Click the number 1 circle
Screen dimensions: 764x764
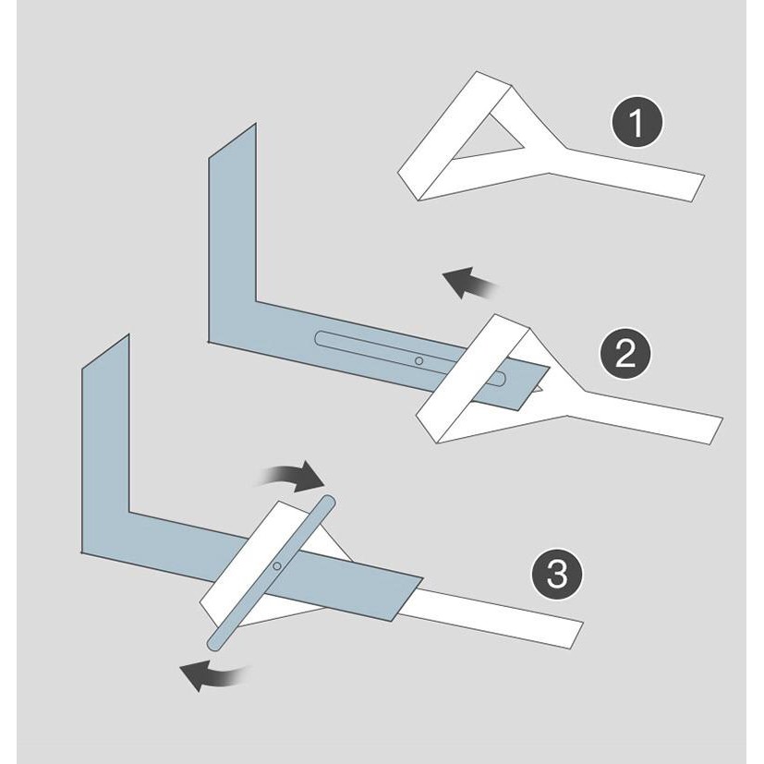pos(637,125)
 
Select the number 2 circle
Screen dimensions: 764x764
pos(625,356)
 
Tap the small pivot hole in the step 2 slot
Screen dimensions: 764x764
pos(418,360)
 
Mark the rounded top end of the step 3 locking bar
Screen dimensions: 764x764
pos(327,504)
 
